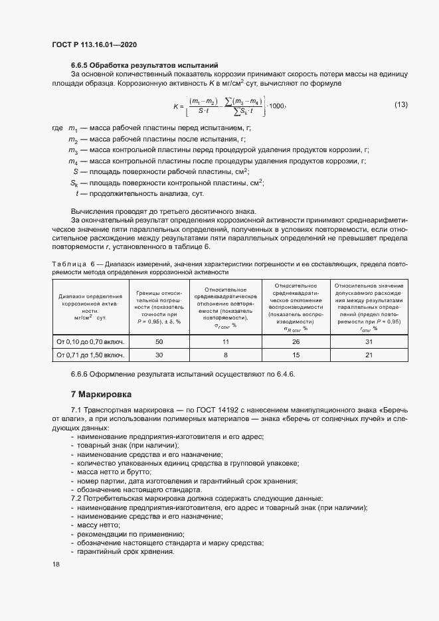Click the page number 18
56,564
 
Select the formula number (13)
401,105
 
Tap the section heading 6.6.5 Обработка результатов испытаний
145,65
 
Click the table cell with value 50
159,341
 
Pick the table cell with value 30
159,355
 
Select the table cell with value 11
225,341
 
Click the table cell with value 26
296,341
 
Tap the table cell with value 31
369,341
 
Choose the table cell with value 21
369,355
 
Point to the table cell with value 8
225,355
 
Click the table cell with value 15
296,355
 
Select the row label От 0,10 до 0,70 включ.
90,341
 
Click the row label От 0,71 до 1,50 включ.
90,355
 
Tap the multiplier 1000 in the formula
278,106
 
